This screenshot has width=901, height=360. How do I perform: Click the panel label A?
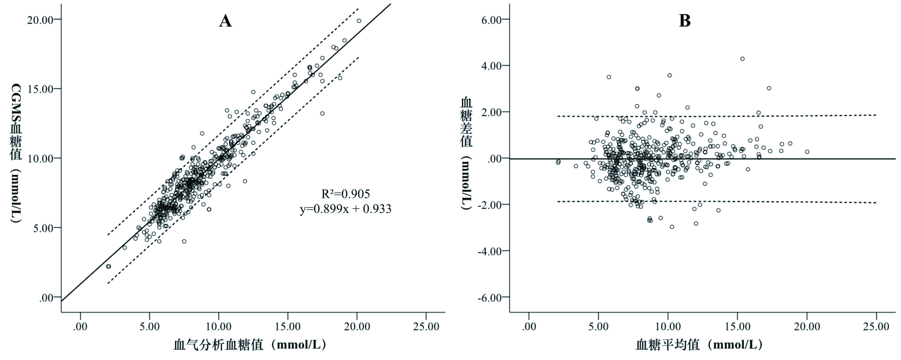pos(225,21)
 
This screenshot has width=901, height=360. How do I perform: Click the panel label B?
pos(685,21)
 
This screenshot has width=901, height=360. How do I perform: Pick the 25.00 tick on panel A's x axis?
pos(426,327)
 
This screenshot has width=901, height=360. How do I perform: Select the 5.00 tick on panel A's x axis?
pos(149,327)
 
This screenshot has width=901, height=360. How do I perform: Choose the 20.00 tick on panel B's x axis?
pos(807,327)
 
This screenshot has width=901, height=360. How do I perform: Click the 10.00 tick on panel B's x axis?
pos(668,327)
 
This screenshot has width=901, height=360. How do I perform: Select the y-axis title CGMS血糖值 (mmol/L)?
pos(16,154)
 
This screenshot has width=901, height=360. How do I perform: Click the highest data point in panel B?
pos(742,59)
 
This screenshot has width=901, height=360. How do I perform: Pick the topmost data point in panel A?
pos(359,21)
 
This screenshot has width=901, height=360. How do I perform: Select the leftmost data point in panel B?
pos(558,162)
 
